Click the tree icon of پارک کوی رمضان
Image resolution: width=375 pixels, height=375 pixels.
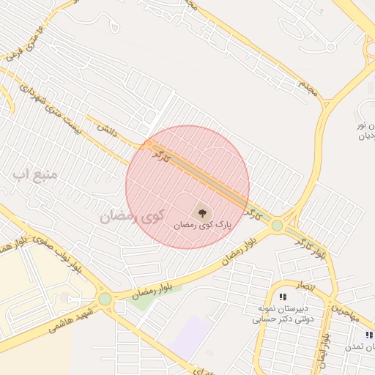pos(202,213)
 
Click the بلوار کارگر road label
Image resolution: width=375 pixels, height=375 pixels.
pos(311,246)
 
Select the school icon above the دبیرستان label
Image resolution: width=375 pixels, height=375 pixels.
pos(282,296)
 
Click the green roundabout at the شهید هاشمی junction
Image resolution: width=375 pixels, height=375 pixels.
pos(105,299)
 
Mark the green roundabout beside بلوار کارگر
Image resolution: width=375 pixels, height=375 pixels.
pos(276,226)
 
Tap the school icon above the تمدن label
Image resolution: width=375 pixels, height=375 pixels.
pos(369,335)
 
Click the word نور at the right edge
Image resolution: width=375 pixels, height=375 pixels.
pos(368,125)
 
